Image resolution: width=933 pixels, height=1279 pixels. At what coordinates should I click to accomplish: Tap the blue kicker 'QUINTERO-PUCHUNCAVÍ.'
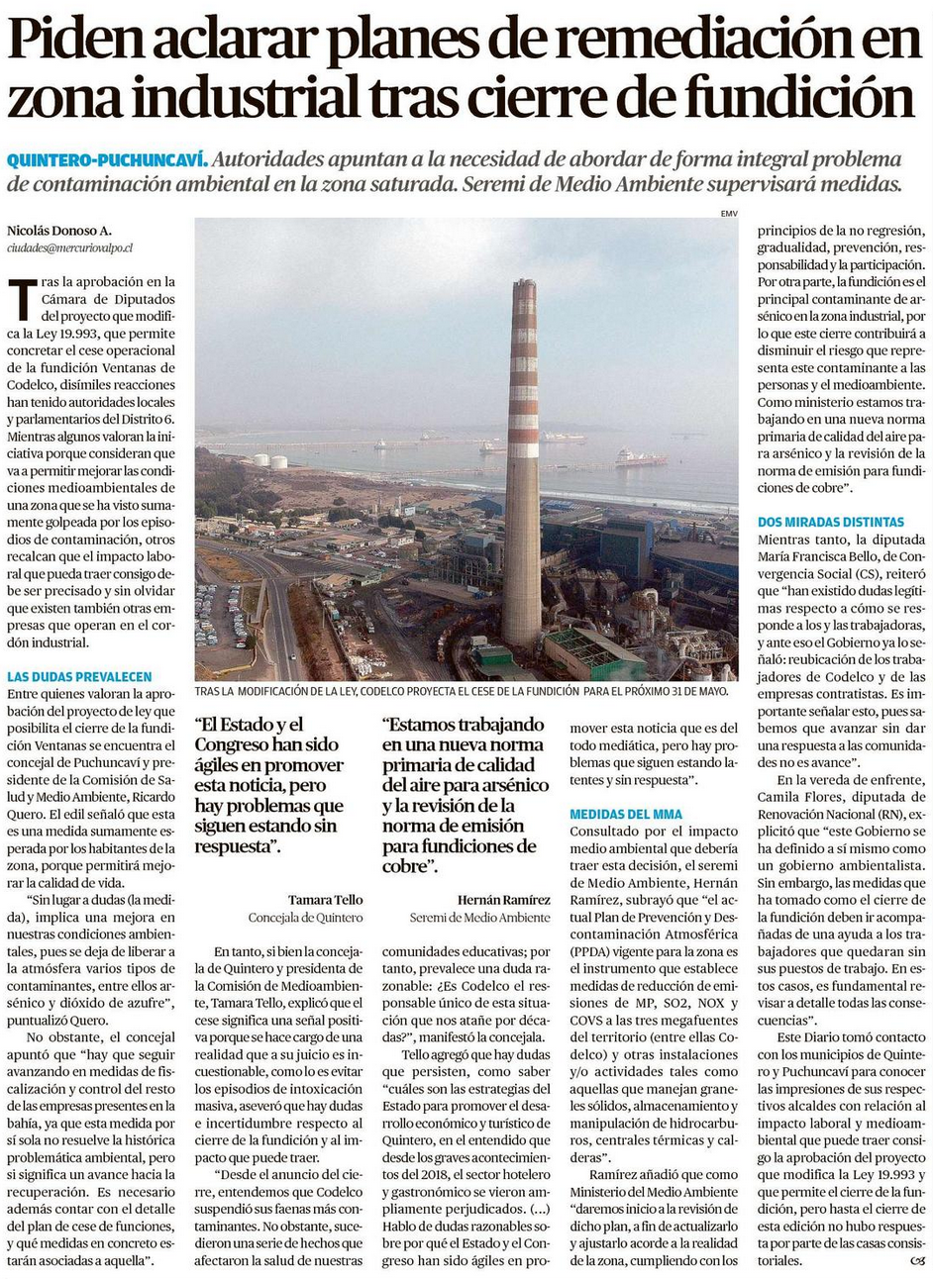point(107,159)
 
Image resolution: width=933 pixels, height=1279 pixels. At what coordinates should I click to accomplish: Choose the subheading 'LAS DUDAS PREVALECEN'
point(79,677)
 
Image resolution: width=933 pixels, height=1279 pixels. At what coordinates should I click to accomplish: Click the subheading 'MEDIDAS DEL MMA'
point(625,814)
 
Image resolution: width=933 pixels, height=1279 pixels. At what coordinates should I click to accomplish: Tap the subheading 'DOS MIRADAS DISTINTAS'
point(830,522)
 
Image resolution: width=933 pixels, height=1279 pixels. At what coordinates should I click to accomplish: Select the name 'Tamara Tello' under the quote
point(325,900)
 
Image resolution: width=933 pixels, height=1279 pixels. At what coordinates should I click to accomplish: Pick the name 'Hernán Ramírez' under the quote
point(503,900)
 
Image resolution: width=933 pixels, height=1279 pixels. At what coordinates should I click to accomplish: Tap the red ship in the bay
point(640,458)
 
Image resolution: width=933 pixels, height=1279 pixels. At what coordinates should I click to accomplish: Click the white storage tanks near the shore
point(269,461)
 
